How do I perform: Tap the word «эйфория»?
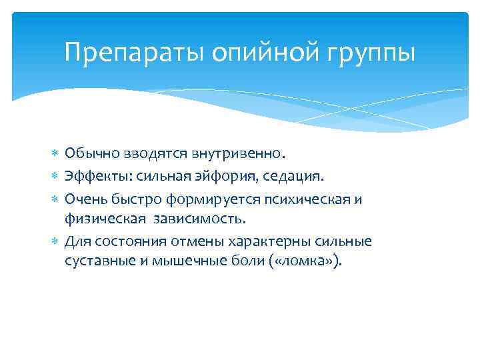click(221, 177)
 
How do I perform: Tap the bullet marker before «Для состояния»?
click(55, 241)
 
